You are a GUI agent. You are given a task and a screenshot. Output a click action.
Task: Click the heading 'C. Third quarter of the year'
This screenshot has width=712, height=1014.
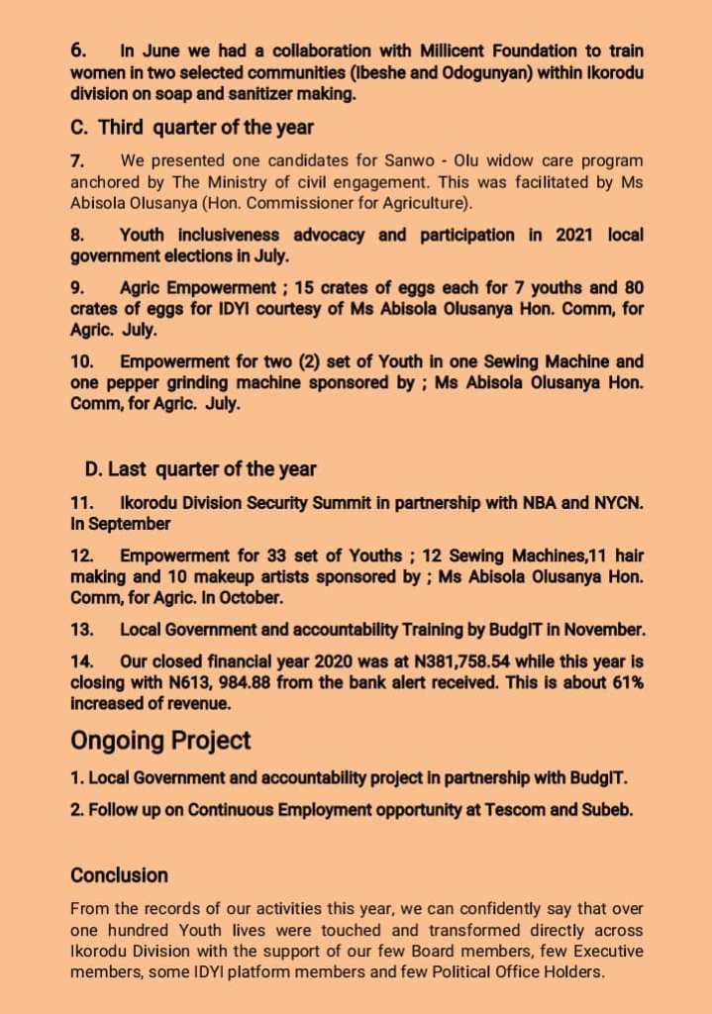[x=192, y=127]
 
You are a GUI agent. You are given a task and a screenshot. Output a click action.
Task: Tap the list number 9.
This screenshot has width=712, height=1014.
[x=77, y=288]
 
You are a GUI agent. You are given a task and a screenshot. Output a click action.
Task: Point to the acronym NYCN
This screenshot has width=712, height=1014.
[x=616, y=503]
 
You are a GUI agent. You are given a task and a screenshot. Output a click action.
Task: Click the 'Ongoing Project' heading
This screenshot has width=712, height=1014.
[x=160, y=740]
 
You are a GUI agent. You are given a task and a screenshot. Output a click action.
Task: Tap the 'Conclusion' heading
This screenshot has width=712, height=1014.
[x=119, y=875]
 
